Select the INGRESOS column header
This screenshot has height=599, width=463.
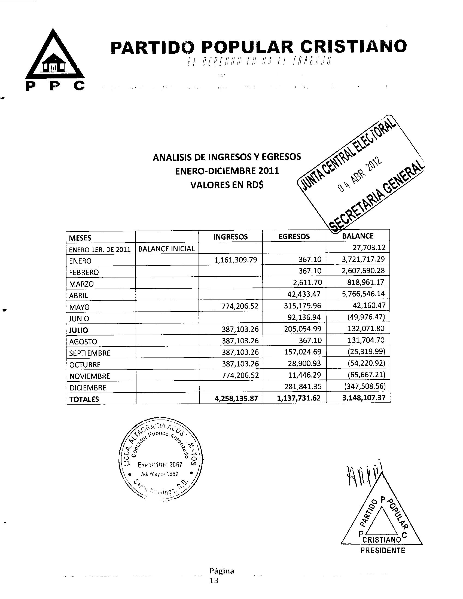pos(230,237)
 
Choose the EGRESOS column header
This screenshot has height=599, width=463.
pos(294,236)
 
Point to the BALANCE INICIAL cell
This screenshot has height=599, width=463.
pos(166,249)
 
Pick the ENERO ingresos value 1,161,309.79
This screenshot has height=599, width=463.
pos(236,260)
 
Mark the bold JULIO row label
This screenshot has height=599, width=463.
pos(78,330)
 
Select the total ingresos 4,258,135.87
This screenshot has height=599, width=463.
pos(236,398)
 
